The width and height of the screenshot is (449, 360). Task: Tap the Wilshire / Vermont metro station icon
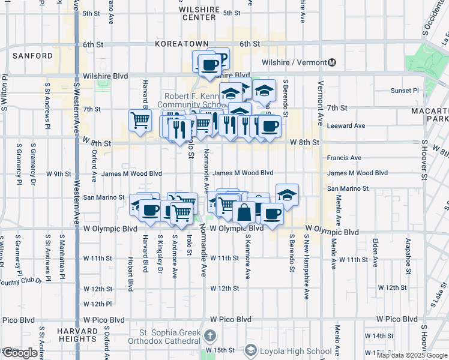point(332,62)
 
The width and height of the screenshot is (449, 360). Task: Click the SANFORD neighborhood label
point(32,56)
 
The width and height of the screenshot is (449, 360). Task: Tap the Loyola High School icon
point(250,350)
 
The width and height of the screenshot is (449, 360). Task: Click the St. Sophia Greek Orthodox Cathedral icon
point(209,335)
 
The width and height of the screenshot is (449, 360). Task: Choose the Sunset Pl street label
point(405,91)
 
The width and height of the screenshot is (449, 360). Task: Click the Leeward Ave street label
point(346,126)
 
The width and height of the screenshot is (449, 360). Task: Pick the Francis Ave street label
point(345,158)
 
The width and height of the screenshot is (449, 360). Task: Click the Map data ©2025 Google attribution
point(412,355)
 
